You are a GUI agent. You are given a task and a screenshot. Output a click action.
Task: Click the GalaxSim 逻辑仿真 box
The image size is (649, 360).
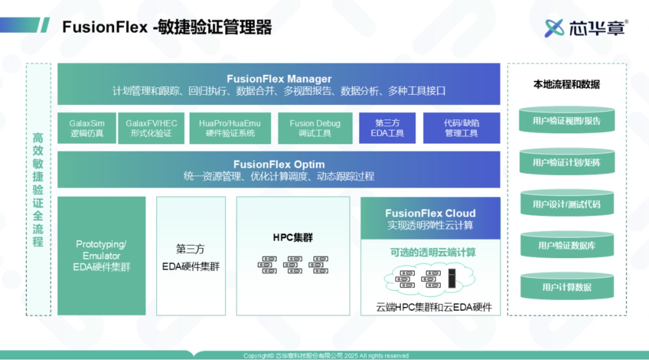click(x=87, y=128)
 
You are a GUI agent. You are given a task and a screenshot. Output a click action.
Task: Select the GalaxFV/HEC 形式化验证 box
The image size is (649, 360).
click(x=151, y=128)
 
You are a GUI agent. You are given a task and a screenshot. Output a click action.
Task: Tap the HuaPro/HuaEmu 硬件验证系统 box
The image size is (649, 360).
click(x=230, y=128)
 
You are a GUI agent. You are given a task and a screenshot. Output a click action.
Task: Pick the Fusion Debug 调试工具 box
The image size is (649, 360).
click(x=315, y=128)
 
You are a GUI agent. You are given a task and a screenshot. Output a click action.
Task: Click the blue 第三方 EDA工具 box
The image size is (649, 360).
click(x=387, y=128)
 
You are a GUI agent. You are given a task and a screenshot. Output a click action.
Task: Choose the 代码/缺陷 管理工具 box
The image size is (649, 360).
click(x=462, y=128)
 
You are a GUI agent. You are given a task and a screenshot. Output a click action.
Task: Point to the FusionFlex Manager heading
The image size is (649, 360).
click(x=279, y=79)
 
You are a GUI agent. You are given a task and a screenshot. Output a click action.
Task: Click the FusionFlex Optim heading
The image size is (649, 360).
click(x=279, y=164)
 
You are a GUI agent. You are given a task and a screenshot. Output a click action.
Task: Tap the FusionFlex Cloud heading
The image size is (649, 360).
click(x=430, y=213)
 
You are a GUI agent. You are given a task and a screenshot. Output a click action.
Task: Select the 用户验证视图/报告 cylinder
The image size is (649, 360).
click(x=567, y=120)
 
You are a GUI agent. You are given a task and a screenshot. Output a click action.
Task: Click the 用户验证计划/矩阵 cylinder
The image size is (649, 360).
click(x=567, y=162)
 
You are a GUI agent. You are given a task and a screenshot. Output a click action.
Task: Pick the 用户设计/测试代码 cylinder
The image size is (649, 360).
click(x=567, y=203)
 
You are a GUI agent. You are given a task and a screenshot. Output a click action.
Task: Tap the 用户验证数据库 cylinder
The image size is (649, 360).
click(x=567, y=245)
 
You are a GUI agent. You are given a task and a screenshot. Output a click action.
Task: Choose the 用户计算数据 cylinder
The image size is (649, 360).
click(x=567, y=287)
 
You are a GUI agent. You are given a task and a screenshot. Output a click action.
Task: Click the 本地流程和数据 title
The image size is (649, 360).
click(x=566, y=85)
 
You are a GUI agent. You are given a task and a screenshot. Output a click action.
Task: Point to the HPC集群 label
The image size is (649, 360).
click(x=293, y=238)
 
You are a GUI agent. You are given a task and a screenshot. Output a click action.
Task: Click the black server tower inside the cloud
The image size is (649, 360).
click(x=452, y=278)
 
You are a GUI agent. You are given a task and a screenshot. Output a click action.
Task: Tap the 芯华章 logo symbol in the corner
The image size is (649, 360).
click(x=554, y=28)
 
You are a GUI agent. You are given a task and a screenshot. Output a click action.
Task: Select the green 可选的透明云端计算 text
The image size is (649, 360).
click(x=433, y=252)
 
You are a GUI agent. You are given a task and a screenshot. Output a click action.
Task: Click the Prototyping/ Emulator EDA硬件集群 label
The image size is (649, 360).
click(x=102, y=255)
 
